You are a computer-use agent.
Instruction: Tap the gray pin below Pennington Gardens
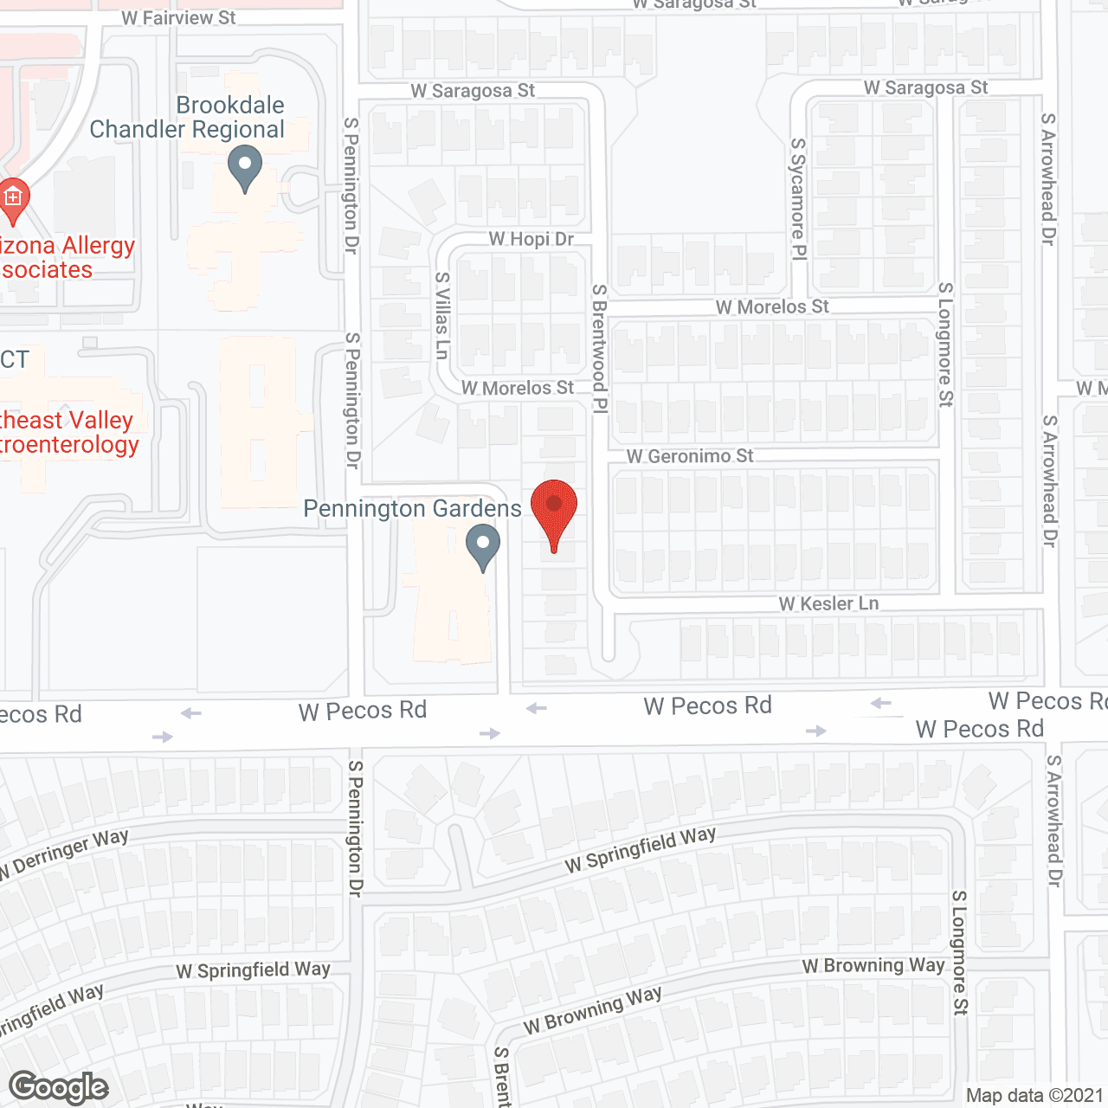point(483,548)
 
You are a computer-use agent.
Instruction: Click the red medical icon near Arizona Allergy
point(13,199)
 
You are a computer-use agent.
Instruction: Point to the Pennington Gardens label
point(412,508)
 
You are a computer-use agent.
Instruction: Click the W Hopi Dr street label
point(531,239)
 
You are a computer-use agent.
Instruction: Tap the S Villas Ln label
point(442,315)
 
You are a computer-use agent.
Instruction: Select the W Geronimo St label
point(690,456)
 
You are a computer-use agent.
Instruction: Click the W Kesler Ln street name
point(828,603)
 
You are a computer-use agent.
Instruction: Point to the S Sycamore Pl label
point(798,198)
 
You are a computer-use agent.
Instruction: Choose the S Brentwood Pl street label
point(599,349)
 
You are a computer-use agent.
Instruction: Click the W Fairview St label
point(178,17)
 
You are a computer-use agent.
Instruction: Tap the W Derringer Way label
point(66,853)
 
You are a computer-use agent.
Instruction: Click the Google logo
point(58,1087)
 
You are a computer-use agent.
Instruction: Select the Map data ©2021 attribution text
point(1034,1095)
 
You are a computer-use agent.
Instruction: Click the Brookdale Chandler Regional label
point(188,117)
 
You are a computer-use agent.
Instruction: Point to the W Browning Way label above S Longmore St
point(873,965)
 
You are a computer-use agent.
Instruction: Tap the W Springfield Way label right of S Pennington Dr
point(641,849)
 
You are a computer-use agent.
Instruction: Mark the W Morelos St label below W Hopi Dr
point(517,388)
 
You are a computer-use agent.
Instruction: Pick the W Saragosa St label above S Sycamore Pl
point(925,87)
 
